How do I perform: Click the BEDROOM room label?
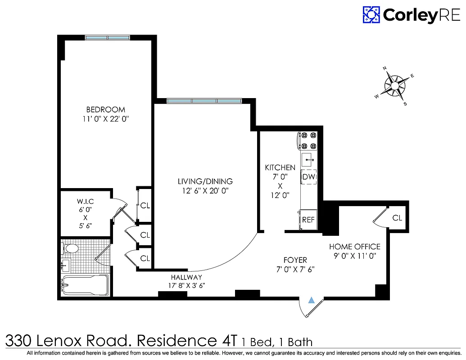pyautogui.click(x=106, y=109)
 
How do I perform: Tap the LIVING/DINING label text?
pyautogui.click(x=205, y=181)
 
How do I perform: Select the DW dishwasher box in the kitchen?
pyautogui.click(x=309, y=177)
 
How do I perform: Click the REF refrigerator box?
pyautogui.click(x=308, y=220)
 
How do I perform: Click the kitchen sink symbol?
pyautogui.click(x=309, y=159)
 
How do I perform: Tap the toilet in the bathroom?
pyautogui.click(x=70, y=248)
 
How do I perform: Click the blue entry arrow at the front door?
pyautogui.click(x=311, y=301)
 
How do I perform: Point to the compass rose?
pyautogui.click(x=395, y=85)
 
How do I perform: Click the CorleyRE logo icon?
pyautogui.click(x=371, y=15)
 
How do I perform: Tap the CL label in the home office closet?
pyautogui.click(x=397, y=218)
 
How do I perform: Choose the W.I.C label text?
pyautogui.click(x=85, y=201)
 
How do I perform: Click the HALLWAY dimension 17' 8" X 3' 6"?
pyautogui.click(x=186, y=285)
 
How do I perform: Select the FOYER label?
pyautogui.click(x=295, y=260)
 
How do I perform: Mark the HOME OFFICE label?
pyautogui.click(x=354, y=247)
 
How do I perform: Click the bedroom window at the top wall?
pyautogui.click(x=107, y=38)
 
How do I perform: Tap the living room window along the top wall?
pyautogui.click(x=204, y=101)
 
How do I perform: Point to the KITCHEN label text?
pyautogui.click(x=280, y=168)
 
